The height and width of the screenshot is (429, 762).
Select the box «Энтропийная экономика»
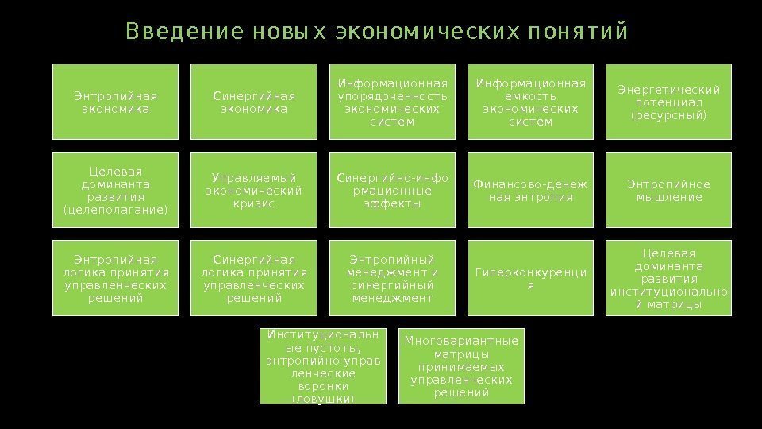(115, 102)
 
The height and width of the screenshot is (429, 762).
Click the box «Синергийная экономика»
(254, 102)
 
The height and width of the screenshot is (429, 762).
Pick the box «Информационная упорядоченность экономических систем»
(392, 102)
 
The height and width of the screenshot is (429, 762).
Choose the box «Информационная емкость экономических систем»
(529, 102)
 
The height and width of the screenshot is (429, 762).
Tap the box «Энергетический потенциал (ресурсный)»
(668, 102)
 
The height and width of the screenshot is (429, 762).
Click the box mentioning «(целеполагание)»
(115, 191)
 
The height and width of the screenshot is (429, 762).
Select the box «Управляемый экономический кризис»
(254, 191)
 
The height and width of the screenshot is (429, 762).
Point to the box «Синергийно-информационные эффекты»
(392, 191)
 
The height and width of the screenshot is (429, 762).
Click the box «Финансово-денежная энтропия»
(529, 191)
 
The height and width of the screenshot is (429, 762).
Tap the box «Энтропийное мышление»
(668, 191)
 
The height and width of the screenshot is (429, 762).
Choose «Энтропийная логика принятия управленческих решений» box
(115, 279)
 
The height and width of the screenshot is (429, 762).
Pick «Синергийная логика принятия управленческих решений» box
(254, 279)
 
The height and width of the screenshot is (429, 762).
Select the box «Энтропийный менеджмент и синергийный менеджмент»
(392, 279)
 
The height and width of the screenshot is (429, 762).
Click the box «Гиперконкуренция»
(529, 279)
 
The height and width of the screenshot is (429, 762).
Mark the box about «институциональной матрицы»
(668, 279)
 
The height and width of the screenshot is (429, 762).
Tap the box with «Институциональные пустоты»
(323, 365)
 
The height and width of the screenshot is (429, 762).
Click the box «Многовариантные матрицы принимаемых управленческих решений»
(461, 365)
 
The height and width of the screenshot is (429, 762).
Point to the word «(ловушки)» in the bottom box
(323, 398)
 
